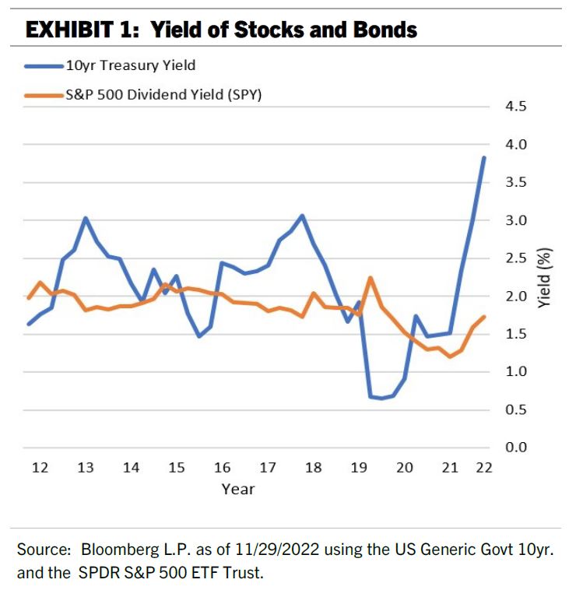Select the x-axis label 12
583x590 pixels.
click(x=40, y=468)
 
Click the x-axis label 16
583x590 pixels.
click(x=223, y=468)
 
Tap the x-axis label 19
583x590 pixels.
click(x=359, y=468)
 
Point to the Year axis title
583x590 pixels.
click(x=237, y=489)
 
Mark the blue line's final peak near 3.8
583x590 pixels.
click(x=484, y=157)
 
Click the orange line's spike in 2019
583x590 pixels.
click(x=370, y=278)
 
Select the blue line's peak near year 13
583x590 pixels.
click(x=86, y=218)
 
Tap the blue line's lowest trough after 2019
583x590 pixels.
click(x=381, y=399)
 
